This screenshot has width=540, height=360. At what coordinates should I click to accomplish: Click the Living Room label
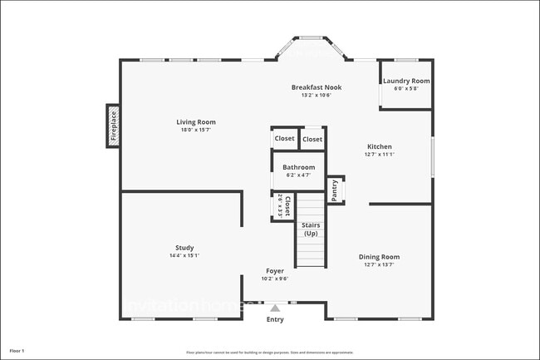[x=196, y=122]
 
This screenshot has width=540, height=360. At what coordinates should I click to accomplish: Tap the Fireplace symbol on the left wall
[x=114, y=126]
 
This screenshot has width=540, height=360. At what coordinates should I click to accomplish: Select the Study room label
[x=184, y=247]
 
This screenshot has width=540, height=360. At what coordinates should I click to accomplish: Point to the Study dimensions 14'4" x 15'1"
[x=184, y=255]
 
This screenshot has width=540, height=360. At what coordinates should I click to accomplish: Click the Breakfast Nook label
[x=316, y=87]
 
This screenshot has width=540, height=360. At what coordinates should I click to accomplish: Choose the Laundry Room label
[x=406, y=81]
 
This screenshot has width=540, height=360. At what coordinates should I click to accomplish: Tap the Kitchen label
[x=379, y=146]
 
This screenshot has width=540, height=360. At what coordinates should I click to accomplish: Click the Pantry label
[x=334, y=190]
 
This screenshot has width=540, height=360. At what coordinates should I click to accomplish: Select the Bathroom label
[x=298, y=167]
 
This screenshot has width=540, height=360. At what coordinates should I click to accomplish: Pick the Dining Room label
[x=379, y=257]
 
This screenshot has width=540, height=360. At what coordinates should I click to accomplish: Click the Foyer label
[x=276, y=271]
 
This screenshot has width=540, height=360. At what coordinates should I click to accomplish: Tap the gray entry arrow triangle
[x=275, y=307]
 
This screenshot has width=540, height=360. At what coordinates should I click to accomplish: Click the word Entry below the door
[x=275, y=319]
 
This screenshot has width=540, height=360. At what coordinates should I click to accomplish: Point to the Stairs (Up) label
[x=311, y=229]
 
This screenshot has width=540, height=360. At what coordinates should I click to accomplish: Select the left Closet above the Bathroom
[x=284, y=139]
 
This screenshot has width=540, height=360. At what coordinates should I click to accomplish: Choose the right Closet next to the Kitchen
[x=312, y=139]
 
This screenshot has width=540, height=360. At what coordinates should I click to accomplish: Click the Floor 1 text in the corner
[x=17, y=351]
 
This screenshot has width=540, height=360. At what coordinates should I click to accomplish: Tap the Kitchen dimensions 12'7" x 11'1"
[x=379, y=154]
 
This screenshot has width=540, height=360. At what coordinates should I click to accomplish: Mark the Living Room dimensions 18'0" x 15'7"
[x=196, y=130]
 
